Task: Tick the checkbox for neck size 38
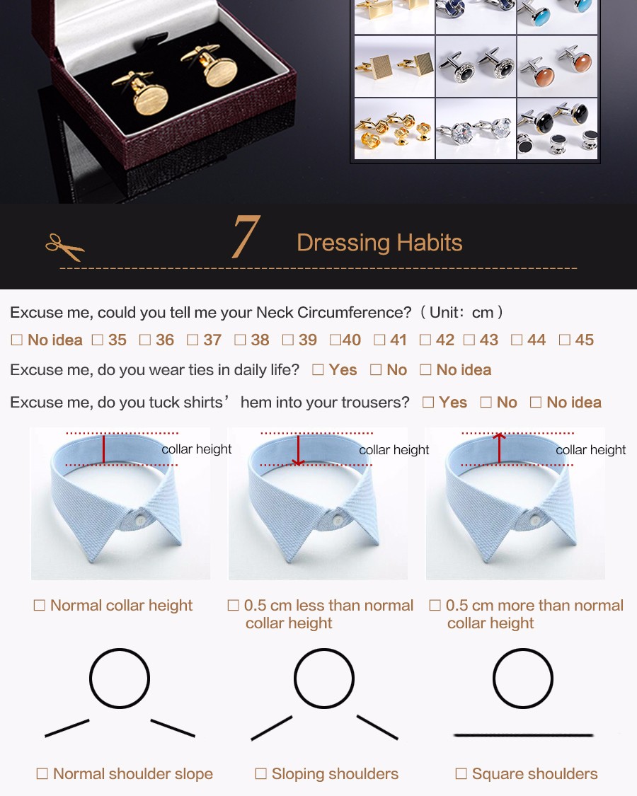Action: click(x=240, y=340)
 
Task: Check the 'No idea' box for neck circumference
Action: click(x=17, y=340)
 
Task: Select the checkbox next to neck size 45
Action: click(x=564, y=340)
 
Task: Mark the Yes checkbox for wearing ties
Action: click(x=318, y=369)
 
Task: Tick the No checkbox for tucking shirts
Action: click(x=486, y=402)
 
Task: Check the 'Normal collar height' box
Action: click(x=39, y=605)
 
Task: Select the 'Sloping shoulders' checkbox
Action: click(x=260, y=773)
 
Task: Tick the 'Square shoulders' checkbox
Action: click(x=461, y=773)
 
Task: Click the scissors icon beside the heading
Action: click(x=64, y=247)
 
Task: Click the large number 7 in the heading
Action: click(x=246, y=236)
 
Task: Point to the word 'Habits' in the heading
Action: click(x=430, y=243)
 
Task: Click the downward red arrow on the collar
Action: click(x=298, y=450)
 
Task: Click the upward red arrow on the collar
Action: click(x=500, y=449)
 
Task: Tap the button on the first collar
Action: click(x=140, y=519)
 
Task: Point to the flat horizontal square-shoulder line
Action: click(x=523, y=734)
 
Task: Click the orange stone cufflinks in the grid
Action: click(x=558, y=67)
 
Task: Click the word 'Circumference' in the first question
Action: click(x=354, y=312)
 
